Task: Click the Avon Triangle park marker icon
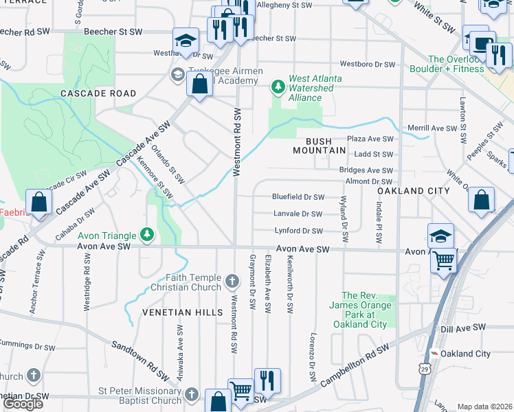tap(146, 235)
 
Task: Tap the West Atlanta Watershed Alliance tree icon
tap(278, 86)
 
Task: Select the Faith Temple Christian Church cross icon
tap(233, 280)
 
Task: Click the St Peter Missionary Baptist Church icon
tap(192, 394)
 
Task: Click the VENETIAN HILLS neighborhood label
tap(182, 312)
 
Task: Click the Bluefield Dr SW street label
tap(298, 196)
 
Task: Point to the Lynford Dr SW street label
tap(298, 231)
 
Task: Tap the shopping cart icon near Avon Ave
tap(443, 260)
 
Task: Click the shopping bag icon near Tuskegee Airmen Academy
tap(199, 84)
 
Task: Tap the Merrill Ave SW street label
tap(432, 128)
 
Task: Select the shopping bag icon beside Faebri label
tap(39, 203)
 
